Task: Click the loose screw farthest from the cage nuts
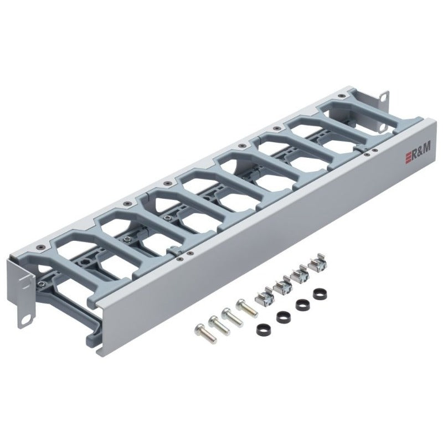coord(201,330)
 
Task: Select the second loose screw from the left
coord(216,323)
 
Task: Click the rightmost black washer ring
coord(320,293)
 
